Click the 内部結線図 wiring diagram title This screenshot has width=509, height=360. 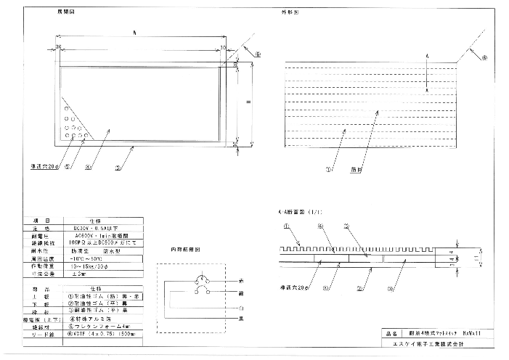coord(185,249)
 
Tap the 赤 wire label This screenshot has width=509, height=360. coord(240,279)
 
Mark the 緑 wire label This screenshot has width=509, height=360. coord(240,292)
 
